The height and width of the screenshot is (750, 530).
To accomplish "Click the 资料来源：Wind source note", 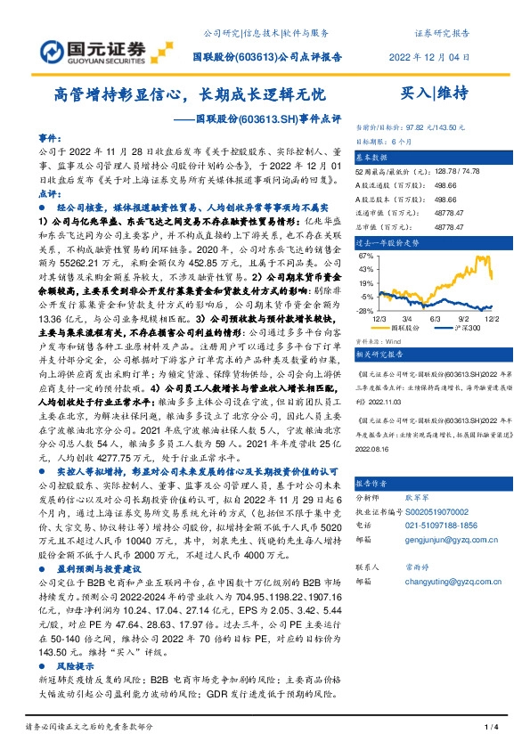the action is tap(378, 340).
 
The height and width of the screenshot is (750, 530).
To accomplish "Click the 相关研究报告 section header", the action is tap(381, 354).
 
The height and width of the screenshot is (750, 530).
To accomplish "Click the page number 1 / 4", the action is tap(489, 729).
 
